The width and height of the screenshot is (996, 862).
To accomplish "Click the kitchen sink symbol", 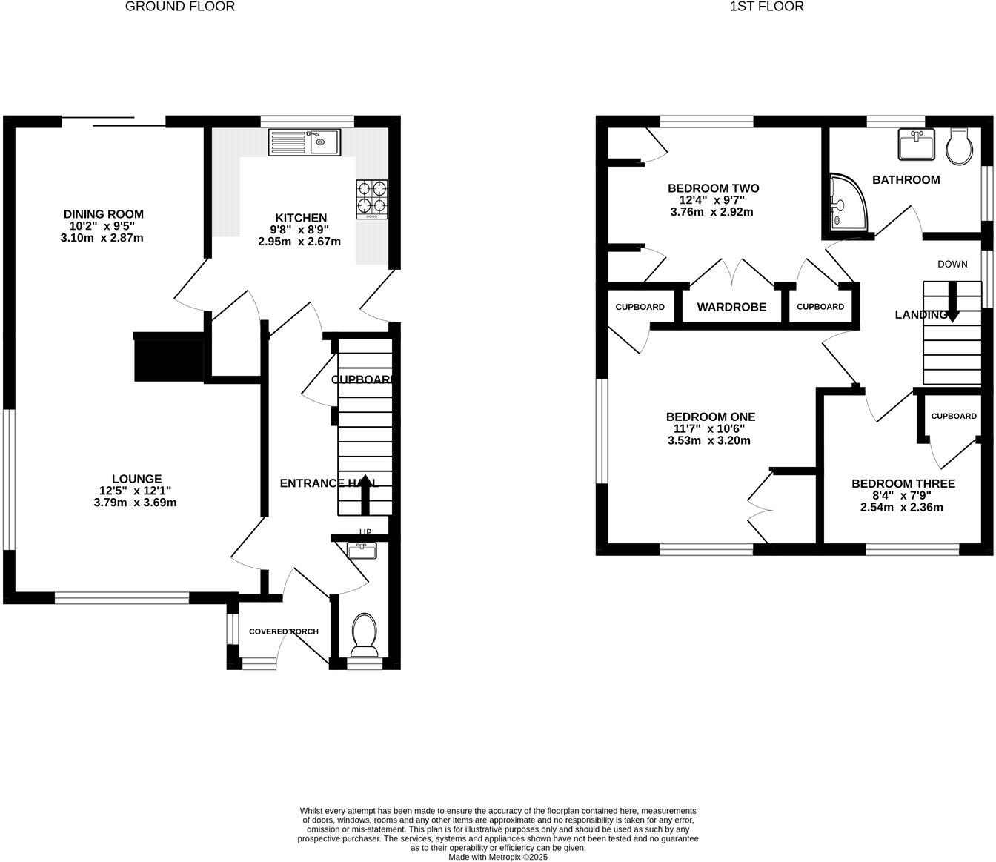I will (x=304, y=142).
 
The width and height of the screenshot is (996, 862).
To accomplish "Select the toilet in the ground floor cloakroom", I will (x=364, y=635).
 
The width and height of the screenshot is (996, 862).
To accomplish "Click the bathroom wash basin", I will (x=917, y=144).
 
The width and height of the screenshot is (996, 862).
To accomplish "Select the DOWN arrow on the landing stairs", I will (x=952, y=302).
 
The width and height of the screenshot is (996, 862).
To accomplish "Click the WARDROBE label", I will (x=731, y=307).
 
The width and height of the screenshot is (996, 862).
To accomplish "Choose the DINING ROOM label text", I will (x=103, y=215).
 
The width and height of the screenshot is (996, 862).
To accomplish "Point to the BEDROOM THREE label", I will (x=903, y=484).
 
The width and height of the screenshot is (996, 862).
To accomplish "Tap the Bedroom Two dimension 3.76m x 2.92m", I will (x=711, y=212).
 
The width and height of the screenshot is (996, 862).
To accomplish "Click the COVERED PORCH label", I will (x=284, y=631).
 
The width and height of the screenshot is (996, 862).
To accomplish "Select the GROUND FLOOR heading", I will (x=180, y=7).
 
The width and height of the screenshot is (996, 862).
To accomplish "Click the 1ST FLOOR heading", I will (x=767, y=7).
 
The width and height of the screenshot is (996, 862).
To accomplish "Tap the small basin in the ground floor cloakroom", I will (x=362, y=550).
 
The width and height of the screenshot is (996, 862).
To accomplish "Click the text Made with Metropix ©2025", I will (x=498, y=857).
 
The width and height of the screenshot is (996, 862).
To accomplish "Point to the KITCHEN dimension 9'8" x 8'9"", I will (x=299, y=230).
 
